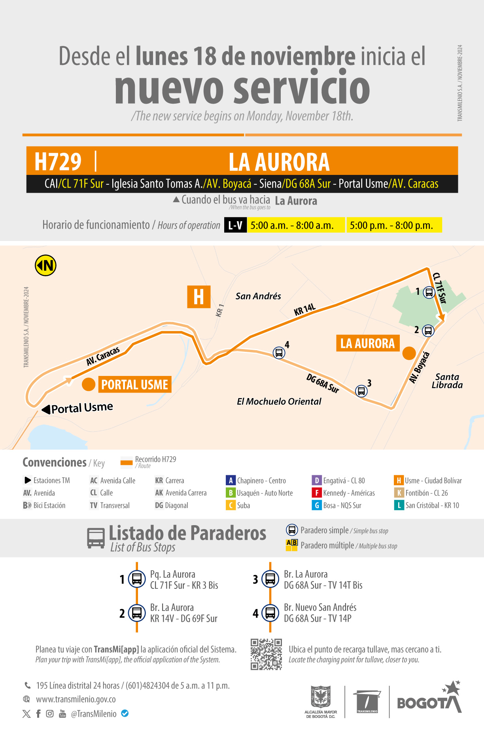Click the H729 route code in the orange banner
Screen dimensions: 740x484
58,161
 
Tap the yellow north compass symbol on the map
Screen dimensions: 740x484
45,266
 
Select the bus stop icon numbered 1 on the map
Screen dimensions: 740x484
429,292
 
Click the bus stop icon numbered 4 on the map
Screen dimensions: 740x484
279,352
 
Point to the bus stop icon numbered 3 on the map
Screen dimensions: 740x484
361,391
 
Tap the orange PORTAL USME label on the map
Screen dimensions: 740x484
134,384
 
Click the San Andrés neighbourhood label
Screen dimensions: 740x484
258,296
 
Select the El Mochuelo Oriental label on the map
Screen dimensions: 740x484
279,401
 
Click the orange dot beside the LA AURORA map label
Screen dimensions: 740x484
409,353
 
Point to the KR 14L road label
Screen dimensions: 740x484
304,309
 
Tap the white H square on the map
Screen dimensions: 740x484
199,297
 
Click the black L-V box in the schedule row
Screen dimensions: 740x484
235,225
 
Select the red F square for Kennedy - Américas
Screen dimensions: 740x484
317,493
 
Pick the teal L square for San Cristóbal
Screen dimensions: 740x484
399,505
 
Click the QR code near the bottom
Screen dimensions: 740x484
266,654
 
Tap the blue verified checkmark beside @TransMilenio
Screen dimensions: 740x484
125,713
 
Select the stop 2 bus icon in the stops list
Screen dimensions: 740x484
137,613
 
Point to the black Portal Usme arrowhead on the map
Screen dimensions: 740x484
46,409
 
